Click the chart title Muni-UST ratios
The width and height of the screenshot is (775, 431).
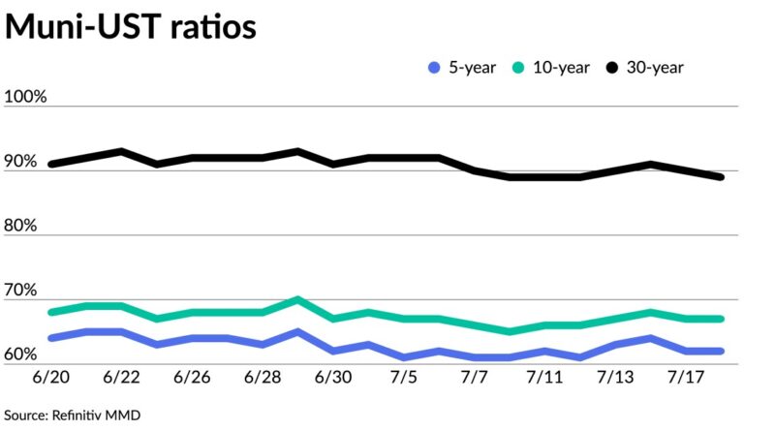[131, 27]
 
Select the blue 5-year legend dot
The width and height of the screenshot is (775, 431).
[433, 68]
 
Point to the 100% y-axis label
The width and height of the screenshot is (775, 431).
[26, 97]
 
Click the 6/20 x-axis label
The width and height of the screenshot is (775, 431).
[49, 377]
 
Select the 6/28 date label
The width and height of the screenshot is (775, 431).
[263, 377]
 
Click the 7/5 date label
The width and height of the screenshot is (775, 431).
[404, 377]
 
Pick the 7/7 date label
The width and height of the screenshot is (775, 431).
[475, 377]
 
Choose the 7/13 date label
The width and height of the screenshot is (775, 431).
[616, 377]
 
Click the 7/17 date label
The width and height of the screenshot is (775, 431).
[687, 377]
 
